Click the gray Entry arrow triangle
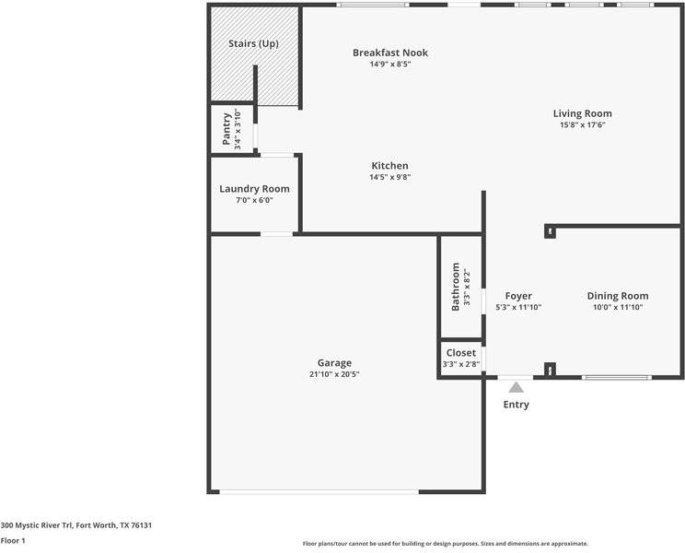(516, 387)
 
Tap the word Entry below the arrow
(516, 405)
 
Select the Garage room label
(334, 363)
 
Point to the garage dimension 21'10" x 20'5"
(334, 374)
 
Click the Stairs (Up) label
(253, 43)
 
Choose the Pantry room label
(226, 129)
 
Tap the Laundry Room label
(254, 189)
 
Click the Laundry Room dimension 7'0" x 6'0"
(254, 200)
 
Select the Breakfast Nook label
(390, 53)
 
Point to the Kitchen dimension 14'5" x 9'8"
(390, 177)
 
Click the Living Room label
(582, 113)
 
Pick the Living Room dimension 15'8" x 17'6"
(582, 124)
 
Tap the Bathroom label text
(455, 287)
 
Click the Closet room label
(461, 353)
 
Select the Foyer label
(518, 296)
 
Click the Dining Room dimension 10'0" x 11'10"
(618, 307)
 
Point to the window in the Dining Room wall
(617, 377)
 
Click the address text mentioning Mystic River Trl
(76, 525)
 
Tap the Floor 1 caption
(13, 540)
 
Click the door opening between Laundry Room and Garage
(276, 234)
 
